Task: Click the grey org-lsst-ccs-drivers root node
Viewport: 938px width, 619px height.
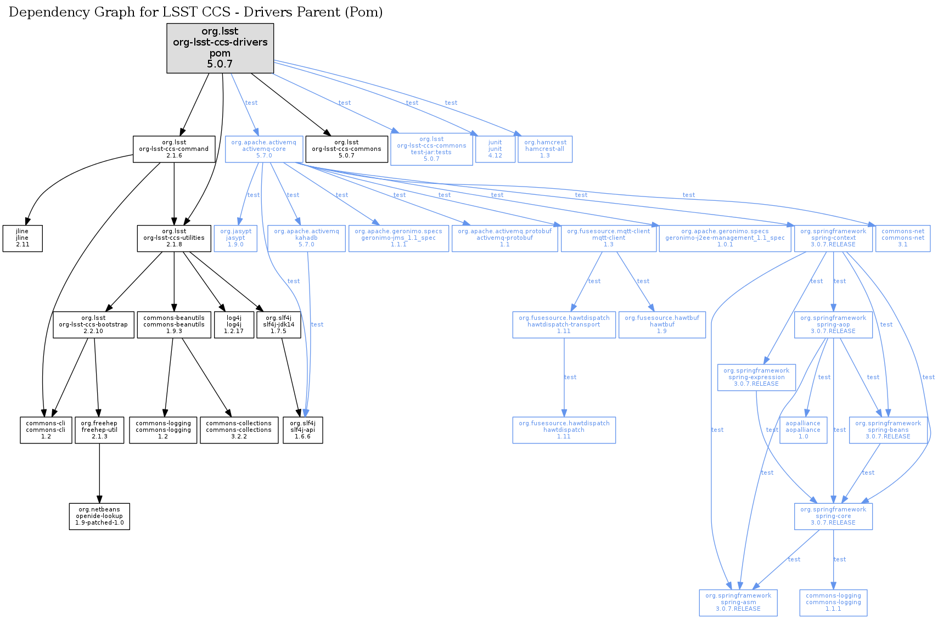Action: coord(220,48)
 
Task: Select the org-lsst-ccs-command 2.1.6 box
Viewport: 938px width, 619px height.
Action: coord(174,149)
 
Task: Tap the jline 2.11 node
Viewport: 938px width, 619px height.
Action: coord(23,238)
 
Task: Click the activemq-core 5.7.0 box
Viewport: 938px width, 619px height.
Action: coord(264,149)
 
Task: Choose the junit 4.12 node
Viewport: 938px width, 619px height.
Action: coord(495,149)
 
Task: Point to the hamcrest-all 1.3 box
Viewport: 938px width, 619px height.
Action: coord(545,149)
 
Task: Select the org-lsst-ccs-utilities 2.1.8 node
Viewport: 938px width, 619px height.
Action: coord(174,238)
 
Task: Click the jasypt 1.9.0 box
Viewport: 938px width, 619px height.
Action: coord(235,238)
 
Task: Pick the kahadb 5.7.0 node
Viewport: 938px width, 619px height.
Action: coord(306,238)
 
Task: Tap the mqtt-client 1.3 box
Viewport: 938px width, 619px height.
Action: coord(609,238)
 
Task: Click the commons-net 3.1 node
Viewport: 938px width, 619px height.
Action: coord(903,238)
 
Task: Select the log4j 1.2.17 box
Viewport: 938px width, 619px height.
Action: coord(234,325)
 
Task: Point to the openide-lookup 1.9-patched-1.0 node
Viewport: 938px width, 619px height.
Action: coord(99,516)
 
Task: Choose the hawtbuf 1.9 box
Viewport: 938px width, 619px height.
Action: coord(662,325)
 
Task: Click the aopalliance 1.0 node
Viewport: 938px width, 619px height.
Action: coord(803,430)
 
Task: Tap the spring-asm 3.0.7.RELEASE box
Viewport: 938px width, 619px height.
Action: coord(738,603)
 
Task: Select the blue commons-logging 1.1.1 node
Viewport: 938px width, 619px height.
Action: coord(833,603)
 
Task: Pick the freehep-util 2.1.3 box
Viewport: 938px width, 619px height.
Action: coord(99,430)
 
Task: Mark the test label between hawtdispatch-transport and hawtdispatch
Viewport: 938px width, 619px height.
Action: coord(570,377)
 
